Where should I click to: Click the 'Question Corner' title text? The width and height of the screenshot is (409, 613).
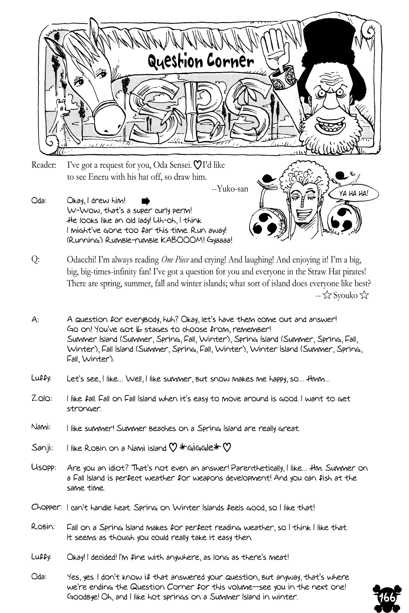[200, 61]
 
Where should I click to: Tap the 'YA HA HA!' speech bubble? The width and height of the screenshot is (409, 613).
[354, 194]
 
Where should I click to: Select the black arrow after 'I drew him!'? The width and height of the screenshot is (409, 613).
[146, 201]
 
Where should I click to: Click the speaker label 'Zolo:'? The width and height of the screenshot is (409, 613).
[41, 399]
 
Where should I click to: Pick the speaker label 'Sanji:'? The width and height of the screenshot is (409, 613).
[42, 448]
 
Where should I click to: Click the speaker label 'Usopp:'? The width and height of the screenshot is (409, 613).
[44, 468]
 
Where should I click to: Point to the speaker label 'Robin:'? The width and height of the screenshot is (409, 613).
[43, 527]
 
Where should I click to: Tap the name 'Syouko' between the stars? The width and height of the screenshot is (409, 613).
[345, 295]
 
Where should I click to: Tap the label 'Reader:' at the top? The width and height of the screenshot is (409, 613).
[44, 165]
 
